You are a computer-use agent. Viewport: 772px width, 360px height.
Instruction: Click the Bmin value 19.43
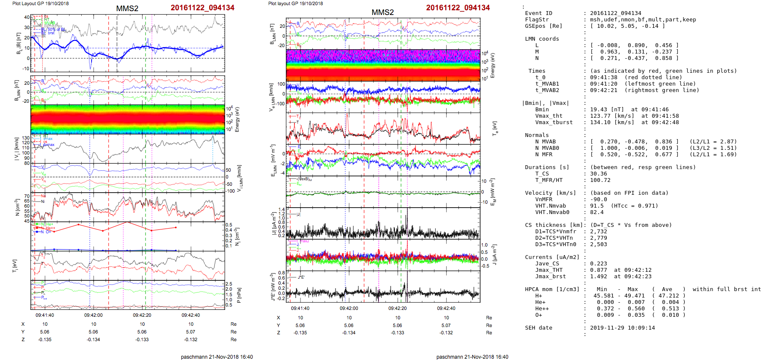tap(599, 110)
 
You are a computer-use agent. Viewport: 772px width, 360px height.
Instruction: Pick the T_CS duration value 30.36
tap(599, 174)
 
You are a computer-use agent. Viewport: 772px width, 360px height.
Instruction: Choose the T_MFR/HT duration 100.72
tap(600, 180)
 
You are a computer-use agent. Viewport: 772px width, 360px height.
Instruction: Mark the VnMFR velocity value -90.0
tap(599, 199)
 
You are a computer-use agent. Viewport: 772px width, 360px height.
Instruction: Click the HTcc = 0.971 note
tap(635, 206)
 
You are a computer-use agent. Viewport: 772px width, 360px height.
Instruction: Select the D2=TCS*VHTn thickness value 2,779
tap(599, 238)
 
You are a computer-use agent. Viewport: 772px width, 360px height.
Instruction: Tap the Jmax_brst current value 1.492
tap(599, 277)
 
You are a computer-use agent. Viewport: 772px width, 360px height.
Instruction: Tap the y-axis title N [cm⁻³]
tap(18, 207)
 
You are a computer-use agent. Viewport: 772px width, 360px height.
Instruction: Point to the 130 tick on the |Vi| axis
tap(26, 138)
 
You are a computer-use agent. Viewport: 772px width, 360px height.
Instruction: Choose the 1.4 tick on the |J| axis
tap(281, 209)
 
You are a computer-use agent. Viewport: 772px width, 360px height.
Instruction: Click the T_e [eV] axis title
tap(495, 128)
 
